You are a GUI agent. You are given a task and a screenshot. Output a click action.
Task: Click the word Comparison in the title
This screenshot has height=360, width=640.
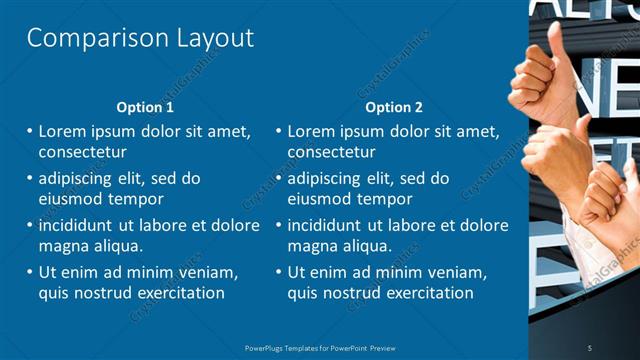coord(84,39)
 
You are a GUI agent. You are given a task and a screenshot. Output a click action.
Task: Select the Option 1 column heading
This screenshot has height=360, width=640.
coord(145,107)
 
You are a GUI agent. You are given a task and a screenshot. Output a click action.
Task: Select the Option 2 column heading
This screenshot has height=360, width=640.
coord(394,107)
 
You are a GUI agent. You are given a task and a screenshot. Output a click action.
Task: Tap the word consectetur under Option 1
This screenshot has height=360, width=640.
coord(82,153)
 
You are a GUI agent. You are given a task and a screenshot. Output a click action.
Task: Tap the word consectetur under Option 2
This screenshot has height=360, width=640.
coord(331,153)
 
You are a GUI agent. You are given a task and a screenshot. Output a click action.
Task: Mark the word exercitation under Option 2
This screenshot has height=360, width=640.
coord(426,293)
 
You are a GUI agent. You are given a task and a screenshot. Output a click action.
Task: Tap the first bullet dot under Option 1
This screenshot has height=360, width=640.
coord(30,132)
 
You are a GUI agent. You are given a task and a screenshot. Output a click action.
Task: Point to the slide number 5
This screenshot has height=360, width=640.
coord(589,347)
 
